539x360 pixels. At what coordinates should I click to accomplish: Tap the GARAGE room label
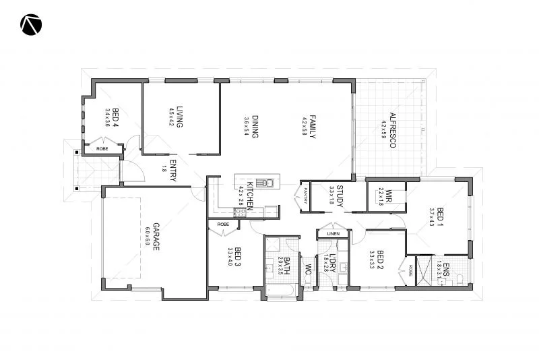click(156, 237)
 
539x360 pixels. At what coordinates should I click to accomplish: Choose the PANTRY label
click(305, 196)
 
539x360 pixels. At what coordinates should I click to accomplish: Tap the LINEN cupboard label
click(334, 233)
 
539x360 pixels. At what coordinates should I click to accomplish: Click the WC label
click(308, 270)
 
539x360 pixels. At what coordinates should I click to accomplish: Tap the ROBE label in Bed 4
click(102, 148)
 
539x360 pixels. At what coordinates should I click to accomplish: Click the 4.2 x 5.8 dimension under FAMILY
click(305, 127)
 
